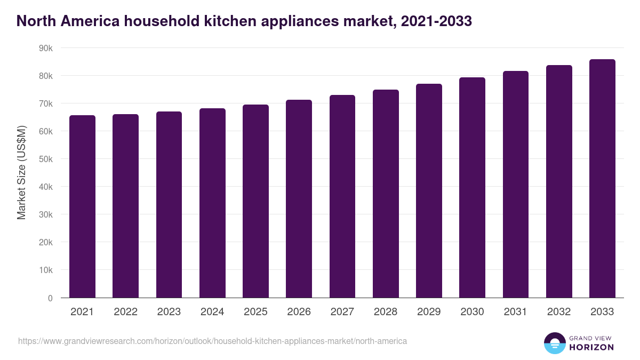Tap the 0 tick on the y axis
point(50,298)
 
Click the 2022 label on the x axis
point(125,312)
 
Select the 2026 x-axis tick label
point(299,312)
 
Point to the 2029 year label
point(429,312)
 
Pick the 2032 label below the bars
point(559,312)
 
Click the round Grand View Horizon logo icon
point(555,343)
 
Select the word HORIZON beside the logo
point(590,347)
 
